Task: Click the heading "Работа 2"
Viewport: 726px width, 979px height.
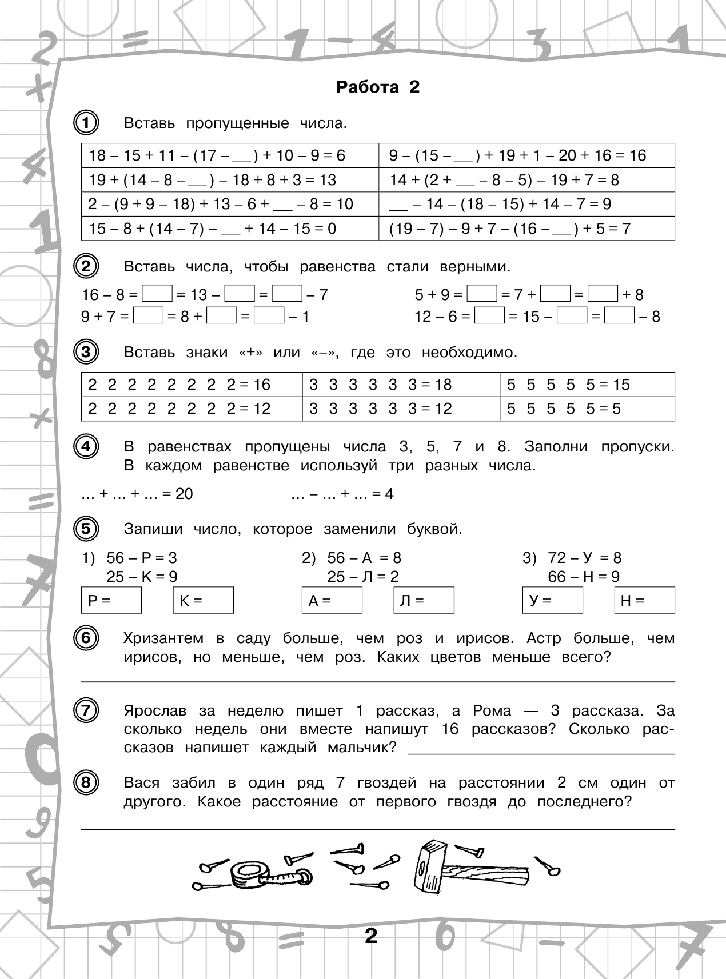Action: pyautogui.click(x=378, y=87)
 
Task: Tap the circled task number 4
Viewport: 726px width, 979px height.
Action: pyautogui.click(x=86, y=446)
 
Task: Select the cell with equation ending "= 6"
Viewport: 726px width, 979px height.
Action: pyautogui.click(x=230, y=155)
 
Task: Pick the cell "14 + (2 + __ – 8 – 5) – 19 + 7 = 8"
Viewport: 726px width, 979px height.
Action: pyautogui.click(x=526, y=180)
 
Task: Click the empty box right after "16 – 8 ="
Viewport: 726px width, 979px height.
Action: pyautogui.click(x=157, y=295)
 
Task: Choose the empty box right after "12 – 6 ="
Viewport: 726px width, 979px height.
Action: pyautogui.click(x=490, y=316)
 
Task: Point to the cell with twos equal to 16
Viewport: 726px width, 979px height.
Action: pyautogui.click(x=192, y=385)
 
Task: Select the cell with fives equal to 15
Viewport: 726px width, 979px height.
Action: pyautogui.click(x=587, y=385)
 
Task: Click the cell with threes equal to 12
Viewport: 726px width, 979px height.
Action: pyautogui.click(x=401, y=409)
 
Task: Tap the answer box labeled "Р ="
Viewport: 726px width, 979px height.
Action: pyautogui.click(x=111, y=601)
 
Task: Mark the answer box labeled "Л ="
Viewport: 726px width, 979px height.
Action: pyautogui.click(x=424, y=601)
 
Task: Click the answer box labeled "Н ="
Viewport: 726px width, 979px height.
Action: pyautogui.click(x=644, y=601)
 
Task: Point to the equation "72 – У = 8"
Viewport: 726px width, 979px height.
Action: pyautogui.click(x=584, y=558)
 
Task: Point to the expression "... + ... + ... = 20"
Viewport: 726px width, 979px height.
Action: pyautogui.click(x=137, y=494)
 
